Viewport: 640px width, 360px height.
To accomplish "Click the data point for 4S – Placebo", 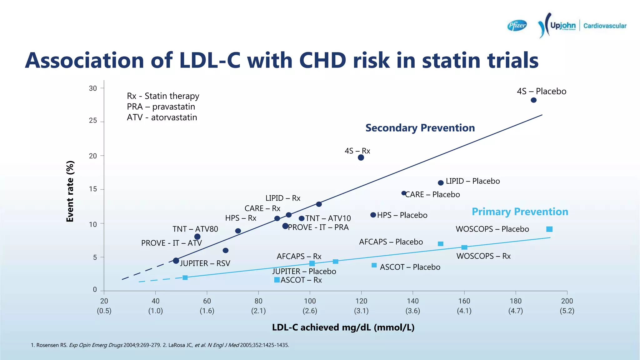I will point(534,100).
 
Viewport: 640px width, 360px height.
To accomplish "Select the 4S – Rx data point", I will point(361,157).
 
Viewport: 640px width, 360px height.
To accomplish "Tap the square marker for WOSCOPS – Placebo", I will point(549,229).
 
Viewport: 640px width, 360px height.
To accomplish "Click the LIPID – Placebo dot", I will point(441,183).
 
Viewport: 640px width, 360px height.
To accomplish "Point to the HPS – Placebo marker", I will point(373,215).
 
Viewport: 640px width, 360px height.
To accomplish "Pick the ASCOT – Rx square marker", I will point(277,280).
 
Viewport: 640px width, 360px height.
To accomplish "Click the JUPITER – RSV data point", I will point(176,261).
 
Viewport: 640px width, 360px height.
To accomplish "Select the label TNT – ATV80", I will point(195,229).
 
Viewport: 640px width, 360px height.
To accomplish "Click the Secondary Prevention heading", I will point(420,128).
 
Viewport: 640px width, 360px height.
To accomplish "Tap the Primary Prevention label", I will point(520,212).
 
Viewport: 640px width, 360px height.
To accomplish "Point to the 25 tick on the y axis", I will point(93,121).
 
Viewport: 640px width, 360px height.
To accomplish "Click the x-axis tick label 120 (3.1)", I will point(361,306).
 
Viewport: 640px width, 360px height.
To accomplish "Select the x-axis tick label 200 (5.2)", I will point(567,306).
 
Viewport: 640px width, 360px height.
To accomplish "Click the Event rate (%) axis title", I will point(70,191).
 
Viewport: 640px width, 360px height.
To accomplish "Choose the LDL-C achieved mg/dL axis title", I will point(343,327).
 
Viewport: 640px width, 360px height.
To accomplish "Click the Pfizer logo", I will point(517,25).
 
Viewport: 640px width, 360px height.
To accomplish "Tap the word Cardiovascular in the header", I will point(605,26).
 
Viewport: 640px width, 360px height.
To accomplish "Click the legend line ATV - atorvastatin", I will point(162,117).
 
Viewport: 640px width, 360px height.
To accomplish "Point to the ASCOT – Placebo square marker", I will point(374,265).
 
